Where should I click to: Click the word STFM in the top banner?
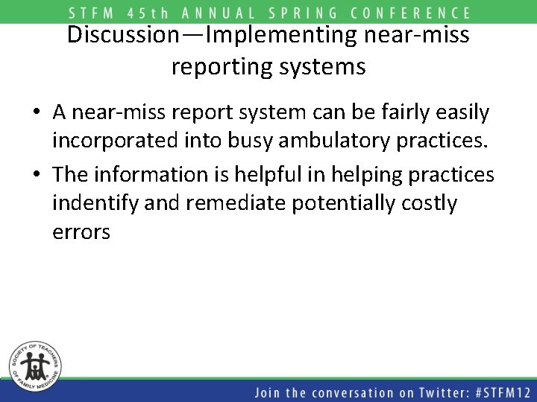92,13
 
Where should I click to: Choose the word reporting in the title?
221,67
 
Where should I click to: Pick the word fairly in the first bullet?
407,112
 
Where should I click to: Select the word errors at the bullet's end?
81,233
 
